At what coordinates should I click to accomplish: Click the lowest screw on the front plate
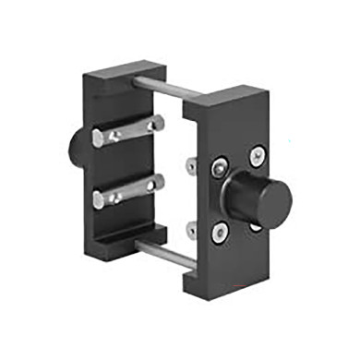click(222, 232)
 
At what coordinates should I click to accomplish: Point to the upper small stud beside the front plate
click(191, 166)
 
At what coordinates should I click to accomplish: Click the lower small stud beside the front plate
click(190, 227)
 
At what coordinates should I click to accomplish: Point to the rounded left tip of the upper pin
click(98, 138)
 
